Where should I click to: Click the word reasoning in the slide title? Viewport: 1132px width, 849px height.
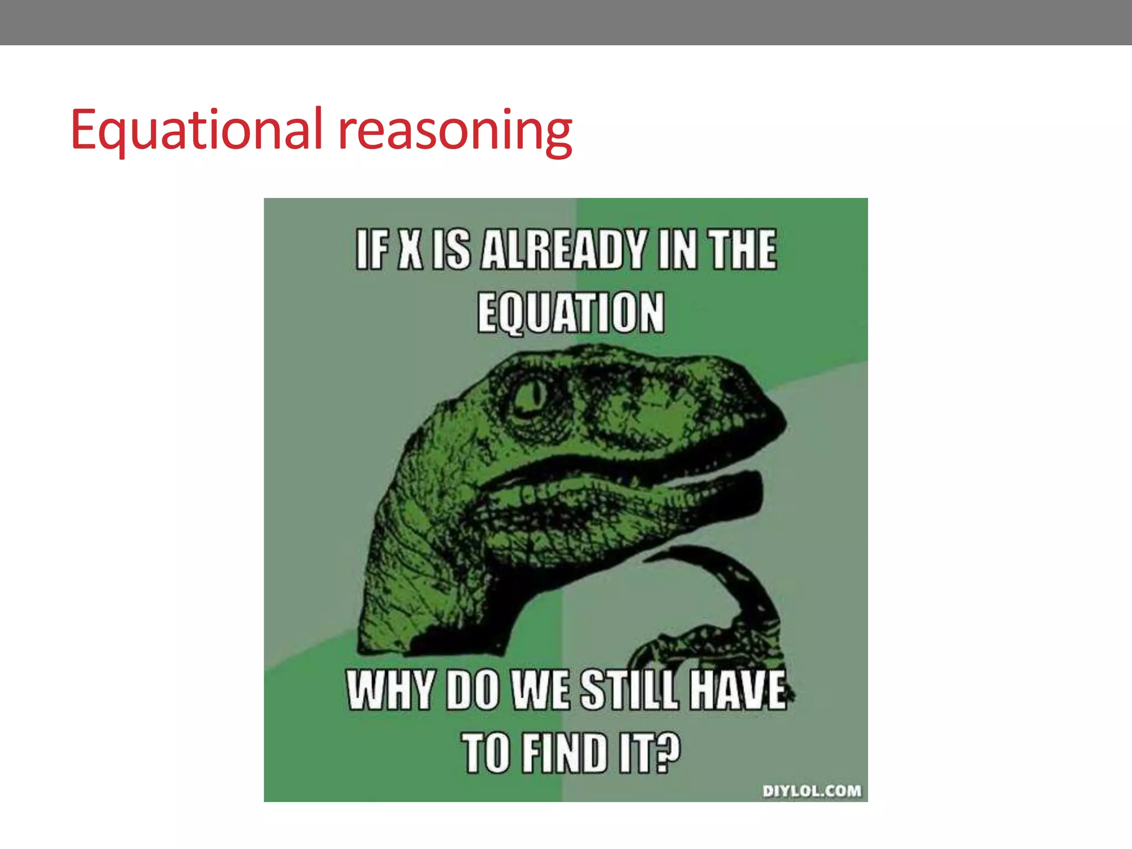[x=454, y=130]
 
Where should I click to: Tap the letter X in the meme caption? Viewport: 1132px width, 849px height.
[x=411, y=250]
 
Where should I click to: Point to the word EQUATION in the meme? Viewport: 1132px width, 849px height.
[x=570, y=313]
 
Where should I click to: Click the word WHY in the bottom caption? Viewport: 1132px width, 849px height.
[x=390, y=690]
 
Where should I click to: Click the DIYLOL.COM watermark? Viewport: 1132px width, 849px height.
[x=811, y=791]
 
